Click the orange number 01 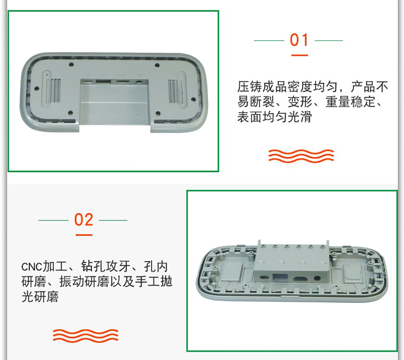[299, 40]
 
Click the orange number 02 [83, 220]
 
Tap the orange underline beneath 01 [299, 55]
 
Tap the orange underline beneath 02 [84, 235]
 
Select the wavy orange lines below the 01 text [301, 156]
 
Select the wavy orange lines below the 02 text [86, 336]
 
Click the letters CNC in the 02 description [31, 267]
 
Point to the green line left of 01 [269, 40]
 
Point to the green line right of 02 [113, 220]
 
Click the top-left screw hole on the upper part [72, 65]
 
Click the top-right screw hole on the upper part [157, 65]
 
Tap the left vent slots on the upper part [54, 91]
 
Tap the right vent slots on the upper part [175, 91]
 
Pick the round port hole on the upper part [140, 82]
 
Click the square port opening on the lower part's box [280, 278]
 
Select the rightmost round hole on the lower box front [317, 279]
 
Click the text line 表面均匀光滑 [274, 117]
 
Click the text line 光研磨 [40, 296]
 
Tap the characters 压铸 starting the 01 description [249, 87]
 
